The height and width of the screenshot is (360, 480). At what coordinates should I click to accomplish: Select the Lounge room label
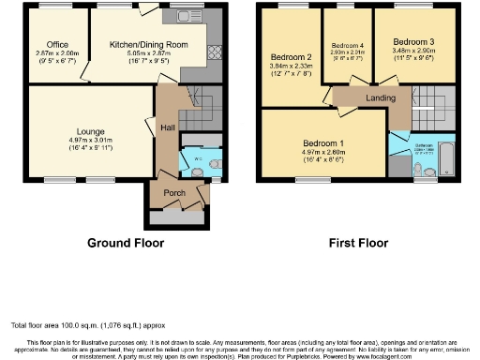(91, 131)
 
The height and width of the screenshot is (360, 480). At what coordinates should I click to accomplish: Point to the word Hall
(167, 127)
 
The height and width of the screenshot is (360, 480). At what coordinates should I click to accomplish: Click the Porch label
(175, 193)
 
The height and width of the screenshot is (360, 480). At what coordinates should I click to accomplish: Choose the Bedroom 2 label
(289, 55)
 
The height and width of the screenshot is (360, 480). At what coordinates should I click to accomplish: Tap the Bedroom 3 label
(412, 42)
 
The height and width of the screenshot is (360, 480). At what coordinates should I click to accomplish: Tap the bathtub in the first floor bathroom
(446, 159)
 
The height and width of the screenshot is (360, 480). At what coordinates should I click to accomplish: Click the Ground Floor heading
(126, 243)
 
